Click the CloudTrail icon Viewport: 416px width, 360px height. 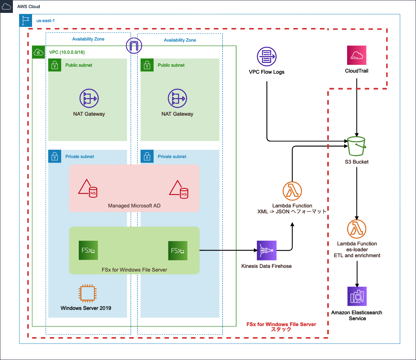tap(357, 55)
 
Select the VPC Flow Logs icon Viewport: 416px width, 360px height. tap(266, 57)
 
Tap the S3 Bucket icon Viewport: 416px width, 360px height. tap(356, 147)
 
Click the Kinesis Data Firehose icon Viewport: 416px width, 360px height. tap(266, 251)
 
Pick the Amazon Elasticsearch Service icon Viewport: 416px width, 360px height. tap(357, 296)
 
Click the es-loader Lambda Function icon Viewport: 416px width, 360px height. tap(357, 229)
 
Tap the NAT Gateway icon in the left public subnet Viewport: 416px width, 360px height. tap(89, 98)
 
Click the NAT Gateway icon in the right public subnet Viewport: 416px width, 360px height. tap(177, 98)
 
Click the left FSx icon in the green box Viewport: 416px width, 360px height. tap(88, 251)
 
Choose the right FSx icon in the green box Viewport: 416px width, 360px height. tap(178, 251)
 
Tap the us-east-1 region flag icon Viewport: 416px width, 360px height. tap(25, 21)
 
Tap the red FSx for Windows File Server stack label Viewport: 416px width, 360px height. tap(281, 327)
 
